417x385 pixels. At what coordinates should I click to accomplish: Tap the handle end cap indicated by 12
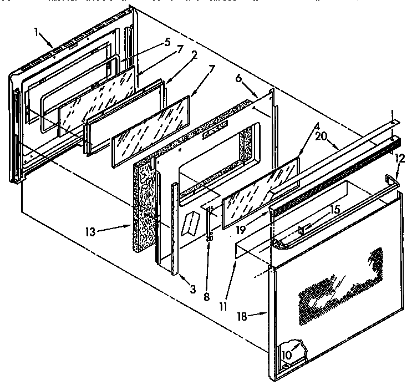393,179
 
